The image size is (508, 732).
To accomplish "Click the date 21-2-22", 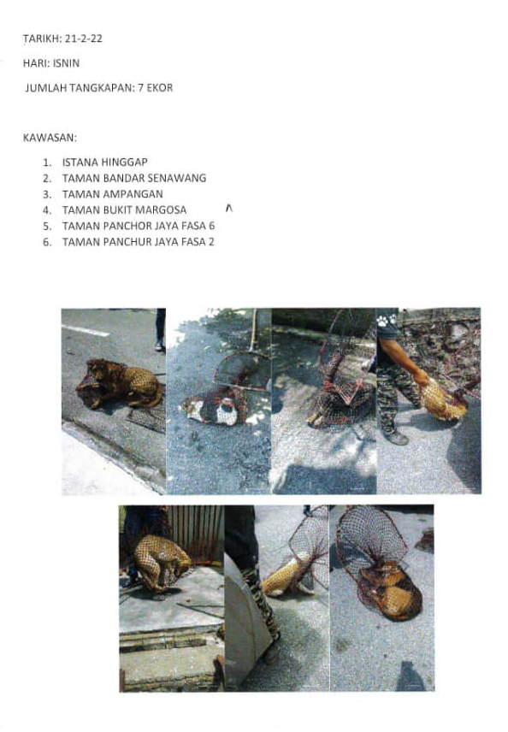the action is pyautogui.click(x=84, y=38).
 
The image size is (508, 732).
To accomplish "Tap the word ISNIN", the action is pyautogui.click(x=67, y=63).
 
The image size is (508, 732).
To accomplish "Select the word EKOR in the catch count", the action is pyautogui.click(x=160, y=88).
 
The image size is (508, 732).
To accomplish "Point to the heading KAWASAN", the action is pyautogui.click(x=50, y=138).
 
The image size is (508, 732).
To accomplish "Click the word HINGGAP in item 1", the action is pyautogui.click(x=124, y=162).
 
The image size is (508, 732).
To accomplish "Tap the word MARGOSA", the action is pyautogui.click(x=161, y=210).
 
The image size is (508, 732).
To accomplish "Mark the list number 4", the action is pyautogui.click(x=47, y=210).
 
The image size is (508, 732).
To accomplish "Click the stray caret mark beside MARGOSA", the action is pyautogui.click(x=229, y=208).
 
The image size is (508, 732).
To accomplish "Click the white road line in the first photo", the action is pyautogui.click(x=86, y=331).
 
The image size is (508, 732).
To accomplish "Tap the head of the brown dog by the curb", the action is pyautogui.click(x=96, y=367).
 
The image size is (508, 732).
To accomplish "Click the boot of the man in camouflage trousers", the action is pyautogui.click(x=396, y=438).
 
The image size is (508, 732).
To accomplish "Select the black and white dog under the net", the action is pyautogui.click(x=216, y=408).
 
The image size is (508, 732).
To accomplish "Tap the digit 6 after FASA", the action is pyautogui.click(x=211, y=226).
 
